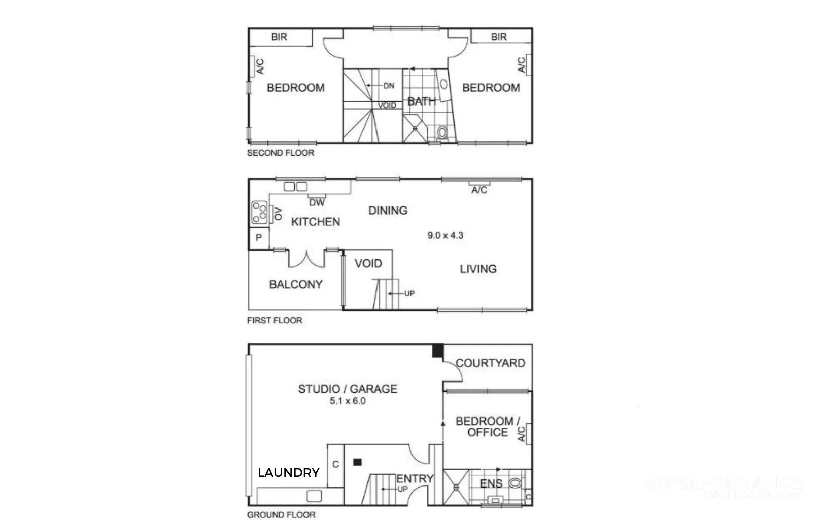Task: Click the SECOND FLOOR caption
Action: coord(280,153)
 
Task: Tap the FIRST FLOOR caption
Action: coord(274,320)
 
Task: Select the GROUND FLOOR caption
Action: coord(281,515)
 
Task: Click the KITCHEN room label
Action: coord(316,222)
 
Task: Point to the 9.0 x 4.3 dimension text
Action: coord(445,235)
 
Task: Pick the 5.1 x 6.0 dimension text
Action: coord(348,401)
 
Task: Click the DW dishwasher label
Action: coord(317,202)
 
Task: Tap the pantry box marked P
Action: coord(259,238)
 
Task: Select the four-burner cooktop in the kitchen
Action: coord(259,213)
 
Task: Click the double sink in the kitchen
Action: coord(295,187)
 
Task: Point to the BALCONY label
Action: coord(296,284)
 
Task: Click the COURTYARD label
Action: coord(490,363)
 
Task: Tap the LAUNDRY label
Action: coord(288,473)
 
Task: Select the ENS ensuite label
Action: coord(491,483)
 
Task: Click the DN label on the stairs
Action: coord(389,86)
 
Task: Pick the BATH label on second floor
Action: coord(422,101)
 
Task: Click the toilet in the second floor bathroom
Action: coord(442,133)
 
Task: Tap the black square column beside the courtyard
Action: coord(437,351)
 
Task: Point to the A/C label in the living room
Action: coord(479,190)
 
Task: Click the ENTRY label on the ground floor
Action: coord(415,478)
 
